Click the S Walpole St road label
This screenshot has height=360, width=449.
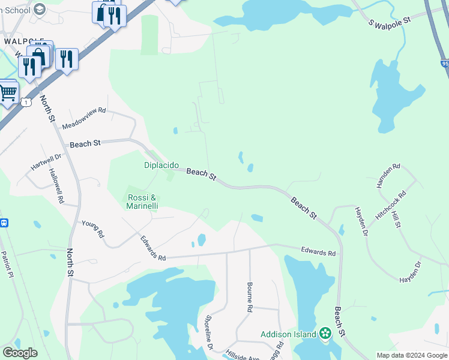click(x=390, y=22)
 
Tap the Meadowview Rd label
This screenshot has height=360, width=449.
click(x=84, y=119)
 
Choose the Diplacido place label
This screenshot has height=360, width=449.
click(x=161, y=165)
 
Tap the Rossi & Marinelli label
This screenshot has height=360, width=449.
click(x=142, y=202)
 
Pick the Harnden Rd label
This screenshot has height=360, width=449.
click(x=388, y=176)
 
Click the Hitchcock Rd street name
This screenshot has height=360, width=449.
click(x=391, y=205)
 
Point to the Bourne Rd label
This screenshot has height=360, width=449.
click(x=249, y=298)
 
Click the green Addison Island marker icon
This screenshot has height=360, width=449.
click(x=325, y=334)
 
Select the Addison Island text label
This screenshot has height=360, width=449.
click(x=287, y=334)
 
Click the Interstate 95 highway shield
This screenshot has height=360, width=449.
click(x=444, y=62)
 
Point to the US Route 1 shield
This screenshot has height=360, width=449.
click(x=25, y=102)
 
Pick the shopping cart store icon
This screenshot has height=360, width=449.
click(x=7, y=92)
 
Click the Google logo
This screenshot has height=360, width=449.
click(x=20, y=353)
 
